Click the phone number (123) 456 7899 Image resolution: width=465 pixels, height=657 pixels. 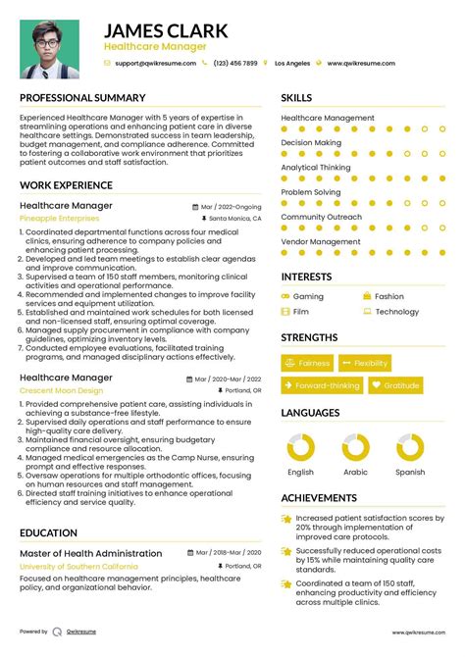point(235,63)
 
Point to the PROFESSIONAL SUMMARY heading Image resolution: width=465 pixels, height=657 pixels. point(82,98)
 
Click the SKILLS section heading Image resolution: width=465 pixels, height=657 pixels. point(297,98)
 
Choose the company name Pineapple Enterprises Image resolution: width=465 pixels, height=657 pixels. point(59,219)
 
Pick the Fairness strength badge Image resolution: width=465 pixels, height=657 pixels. point(308,363)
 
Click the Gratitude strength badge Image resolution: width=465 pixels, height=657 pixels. point(396,386)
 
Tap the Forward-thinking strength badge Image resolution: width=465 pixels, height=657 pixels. point(322,386)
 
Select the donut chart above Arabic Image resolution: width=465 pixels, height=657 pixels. point(355,448)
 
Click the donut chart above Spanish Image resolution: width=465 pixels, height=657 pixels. point(410,448)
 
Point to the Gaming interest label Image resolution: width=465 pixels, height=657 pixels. point(308,296)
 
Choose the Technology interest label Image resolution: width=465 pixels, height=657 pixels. point(396,312)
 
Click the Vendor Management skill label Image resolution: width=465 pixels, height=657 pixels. point(321,241)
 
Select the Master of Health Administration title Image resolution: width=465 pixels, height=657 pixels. point(91,553)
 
